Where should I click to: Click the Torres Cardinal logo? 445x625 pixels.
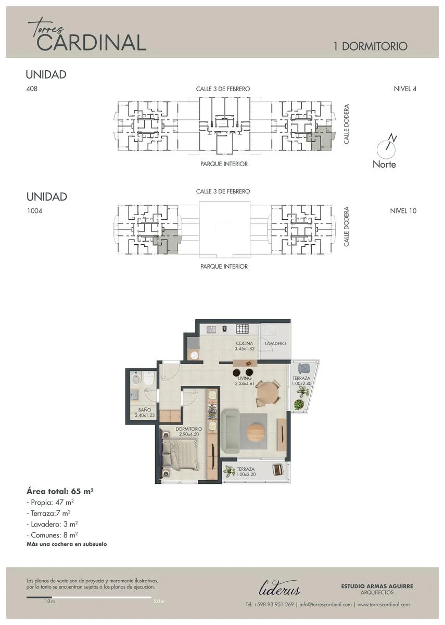pyautogui.click(x=87, y=36)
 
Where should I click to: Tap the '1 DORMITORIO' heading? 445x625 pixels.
pyautogui.click(x=370, y=46)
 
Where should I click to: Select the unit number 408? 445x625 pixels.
pyautogui.click(x=32, y=89)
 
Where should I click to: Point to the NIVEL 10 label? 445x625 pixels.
pyautogui.click(x=403, y=211)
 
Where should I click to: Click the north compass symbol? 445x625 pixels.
pyautogui.click(x=386, y=147)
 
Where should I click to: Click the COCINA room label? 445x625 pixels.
pyautogui.click(x=244, y=343)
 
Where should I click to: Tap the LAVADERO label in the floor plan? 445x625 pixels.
pyautogui.click(x=275, y=343)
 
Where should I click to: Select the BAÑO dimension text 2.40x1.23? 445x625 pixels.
pyautogui.click(x=145, y=415)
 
